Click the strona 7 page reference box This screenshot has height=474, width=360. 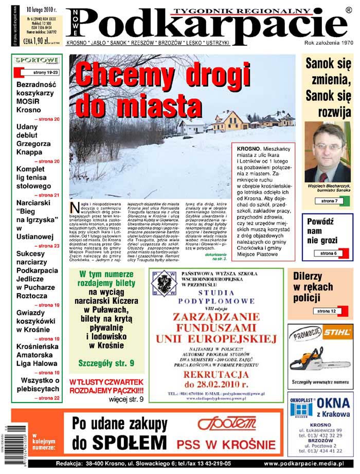tap(329, 201)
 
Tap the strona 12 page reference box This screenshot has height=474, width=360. tap(326, 311)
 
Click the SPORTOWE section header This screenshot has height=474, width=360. tap(36, 60)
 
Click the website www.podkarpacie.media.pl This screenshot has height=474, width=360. tap(307, 464)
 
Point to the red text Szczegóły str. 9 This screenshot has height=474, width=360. tap(106, 363)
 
